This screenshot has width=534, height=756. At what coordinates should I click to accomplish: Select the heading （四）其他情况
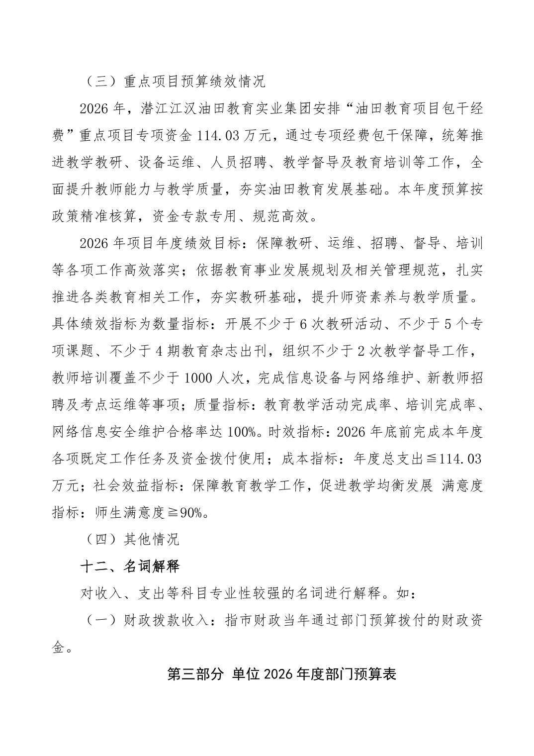click(x=131, y=539)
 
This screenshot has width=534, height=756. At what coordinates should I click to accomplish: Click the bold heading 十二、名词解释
click(x=130, y=566)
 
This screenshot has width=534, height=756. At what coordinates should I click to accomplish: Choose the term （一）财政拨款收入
click(x=151, y=620)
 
